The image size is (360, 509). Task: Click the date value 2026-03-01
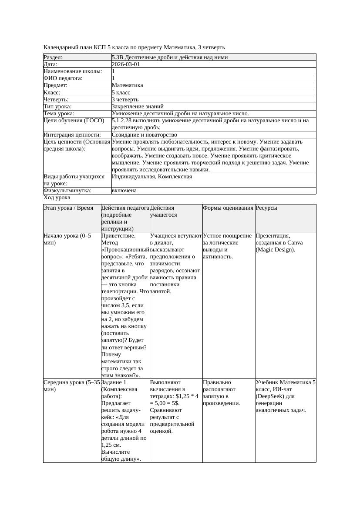click(126, 64)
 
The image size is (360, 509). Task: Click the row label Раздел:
click(53, 57)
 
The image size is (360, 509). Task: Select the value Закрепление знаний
click(138, 106)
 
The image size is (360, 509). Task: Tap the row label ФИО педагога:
click(63, 78)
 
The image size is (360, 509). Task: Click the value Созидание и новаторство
click(145, 135)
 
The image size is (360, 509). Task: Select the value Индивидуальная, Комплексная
click(152, 177)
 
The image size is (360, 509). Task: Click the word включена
click(124, 191)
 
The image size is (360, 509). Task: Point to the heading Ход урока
click(57, 198)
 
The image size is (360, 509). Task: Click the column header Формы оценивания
click(228, 208)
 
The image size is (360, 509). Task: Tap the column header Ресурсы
click(266, 208)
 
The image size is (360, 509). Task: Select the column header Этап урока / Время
click(68, 208)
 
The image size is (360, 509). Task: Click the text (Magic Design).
click(275, 250)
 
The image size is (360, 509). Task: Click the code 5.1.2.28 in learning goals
click(123, 121)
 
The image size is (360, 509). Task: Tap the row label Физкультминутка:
click(67, 191)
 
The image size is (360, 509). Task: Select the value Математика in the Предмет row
click(127, 85)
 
